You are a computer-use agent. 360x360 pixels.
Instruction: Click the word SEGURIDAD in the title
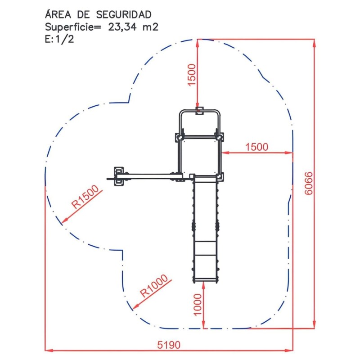click(124, 15)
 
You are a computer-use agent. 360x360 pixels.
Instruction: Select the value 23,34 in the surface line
click(122, 27)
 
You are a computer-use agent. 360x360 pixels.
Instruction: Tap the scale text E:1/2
click(59, 39)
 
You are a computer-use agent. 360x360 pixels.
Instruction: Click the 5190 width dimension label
click(169, 345)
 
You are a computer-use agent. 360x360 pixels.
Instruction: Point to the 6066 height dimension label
click(309, 183)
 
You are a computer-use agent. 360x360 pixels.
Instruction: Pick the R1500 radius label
click(85, 197)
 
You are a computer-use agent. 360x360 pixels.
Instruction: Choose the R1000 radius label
click(154, 286)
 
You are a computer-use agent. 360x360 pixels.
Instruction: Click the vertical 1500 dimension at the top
click(192, 75)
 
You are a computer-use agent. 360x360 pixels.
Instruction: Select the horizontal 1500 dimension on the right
click(256, 147)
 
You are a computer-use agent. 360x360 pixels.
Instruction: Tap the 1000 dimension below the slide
click(198, 305)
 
